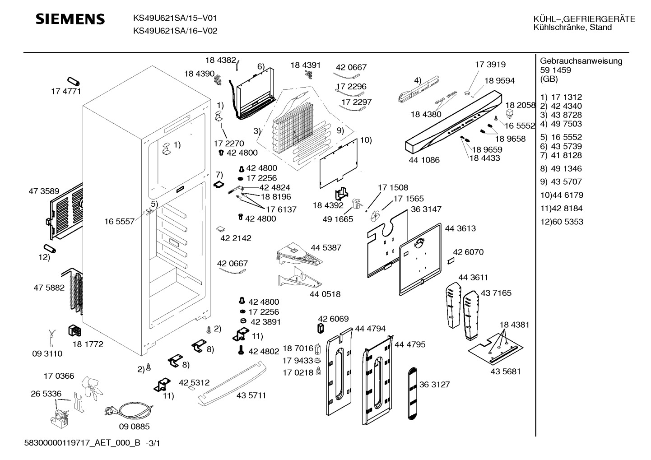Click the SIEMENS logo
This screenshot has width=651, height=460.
70,19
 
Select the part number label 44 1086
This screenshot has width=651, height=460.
424,160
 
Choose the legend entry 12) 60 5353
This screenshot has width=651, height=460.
562,222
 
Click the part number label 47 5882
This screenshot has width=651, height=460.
49,288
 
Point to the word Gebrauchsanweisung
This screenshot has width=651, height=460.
581,61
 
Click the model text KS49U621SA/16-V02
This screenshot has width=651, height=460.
175,31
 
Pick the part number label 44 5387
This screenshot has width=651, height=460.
326,247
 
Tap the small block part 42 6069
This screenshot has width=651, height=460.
321,328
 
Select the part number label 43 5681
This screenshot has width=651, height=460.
505,372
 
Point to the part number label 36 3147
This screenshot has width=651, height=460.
426,209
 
